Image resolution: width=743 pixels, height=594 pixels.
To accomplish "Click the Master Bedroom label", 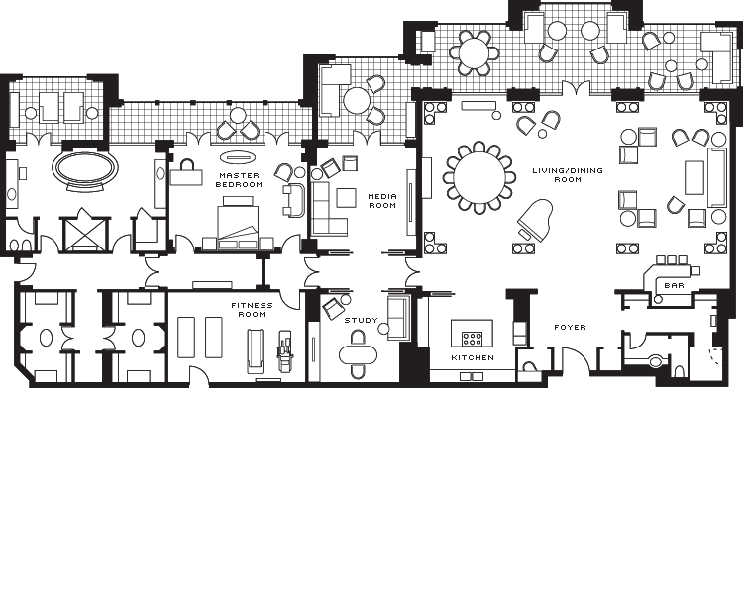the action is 239,180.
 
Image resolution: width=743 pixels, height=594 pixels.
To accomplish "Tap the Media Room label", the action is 382,201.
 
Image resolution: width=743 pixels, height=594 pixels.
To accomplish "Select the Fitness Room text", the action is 252,310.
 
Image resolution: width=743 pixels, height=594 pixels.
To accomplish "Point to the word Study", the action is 361,320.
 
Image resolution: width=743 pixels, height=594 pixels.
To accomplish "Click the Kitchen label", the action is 473,357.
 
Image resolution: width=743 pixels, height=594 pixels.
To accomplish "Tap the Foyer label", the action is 570,327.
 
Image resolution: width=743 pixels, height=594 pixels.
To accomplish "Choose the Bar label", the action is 674,286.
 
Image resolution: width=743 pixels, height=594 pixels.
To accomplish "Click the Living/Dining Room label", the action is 568,175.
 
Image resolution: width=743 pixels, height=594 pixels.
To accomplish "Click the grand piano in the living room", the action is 535,220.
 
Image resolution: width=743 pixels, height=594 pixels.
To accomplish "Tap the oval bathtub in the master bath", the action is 85,168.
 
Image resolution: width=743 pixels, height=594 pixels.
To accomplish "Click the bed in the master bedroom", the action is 238,222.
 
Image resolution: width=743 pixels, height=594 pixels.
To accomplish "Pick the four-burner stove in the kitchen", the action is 472,339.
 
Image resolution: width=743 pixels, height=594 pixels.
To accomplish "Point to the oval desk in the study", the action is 359,354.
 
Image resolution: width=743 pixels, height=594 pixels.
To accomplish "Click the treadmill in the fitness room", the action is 256,351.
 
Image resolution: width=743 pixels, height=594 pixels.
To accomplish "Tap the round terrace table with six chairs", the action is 475,52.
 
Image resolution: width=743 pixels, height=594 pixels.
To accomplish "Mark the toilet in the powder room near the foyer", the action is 656,361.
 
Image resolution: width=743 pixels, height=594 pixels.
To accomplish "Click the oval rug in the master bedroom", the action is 239,156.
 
